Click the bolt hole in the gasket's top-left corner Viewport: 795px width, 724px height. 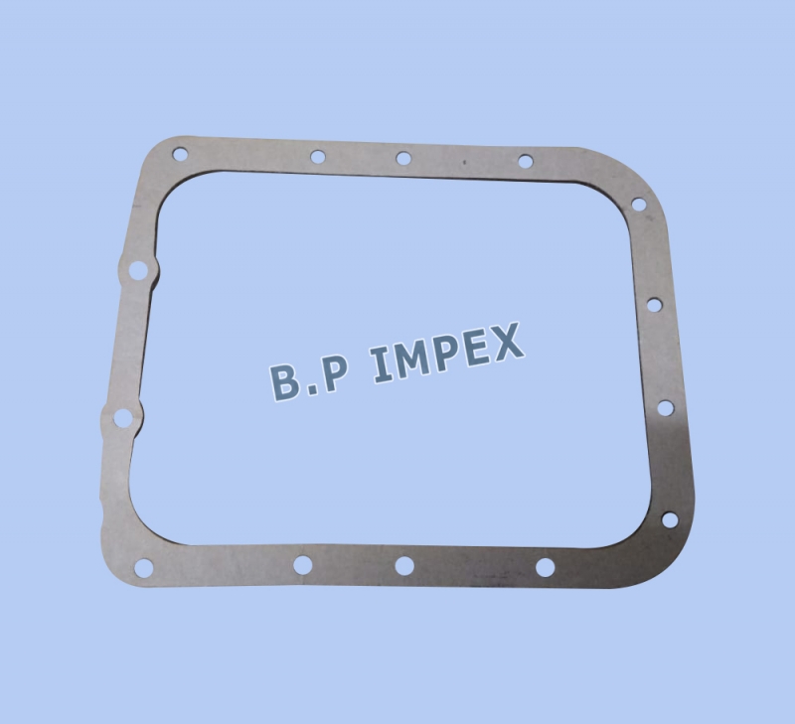pos(180,154)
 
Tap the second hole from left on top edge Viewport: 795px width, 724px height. pos(318,157)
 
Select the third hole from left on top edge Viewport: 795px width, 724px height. pos(403,159)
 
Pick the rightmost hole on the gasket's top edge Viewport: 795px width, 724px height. pos(526,162)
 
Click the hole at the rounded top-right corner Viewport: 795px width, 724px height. pos(639,205)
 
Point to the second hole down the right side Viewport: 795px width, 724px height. pos(655,305)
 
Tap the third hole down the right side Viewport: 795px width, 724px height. pos(666,408)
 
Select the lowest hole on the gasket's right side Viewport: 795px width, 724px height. pos(670,519)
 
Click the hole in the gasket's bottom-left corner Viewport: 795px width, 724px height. pos(144,568)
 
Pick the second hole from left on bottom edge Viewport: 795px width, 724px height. pos(303,565)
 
